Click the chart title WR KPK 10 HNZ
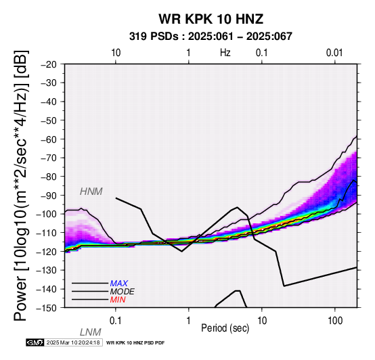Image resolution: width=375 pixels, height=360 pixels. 211,19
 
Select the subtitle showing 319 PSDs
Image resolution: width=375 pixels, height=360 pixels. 211,37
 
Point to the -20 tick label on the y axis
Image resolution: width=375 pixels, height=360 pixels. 49,64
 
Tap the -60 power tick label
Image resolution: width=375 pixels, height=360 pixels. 49,139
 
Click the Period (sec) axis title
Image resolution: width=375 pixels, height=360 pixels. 225,328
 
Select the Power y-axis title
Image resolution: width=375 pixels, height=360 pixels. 21,185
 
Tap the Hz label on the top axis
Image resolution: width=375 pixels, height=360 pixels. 225,53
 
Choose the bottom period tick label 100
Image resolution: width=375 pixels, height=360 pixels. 335,321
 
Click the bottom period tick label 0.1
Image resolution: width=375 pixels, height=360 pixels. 116,321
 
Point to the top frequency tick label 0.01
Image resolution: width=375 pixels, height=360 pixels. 335,53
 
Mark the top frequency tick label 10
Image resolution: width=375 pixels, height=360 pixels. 116,53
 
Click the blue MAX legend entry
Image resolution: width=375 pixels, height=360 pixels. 119,284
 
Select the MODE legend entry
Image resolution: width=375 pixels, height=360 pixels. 123,292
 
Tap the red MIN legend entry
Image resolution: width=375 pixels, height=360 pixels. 118,300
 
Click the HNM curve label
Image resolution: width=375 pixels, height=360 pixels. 91,192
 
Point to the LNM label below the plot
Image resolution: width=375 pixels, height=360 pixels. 91,332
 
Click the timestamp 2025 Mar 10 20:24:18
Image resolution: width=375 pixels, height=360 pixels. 73,342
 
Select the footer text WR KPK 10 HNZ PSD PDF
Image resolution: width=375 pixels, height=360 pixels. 135,343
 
